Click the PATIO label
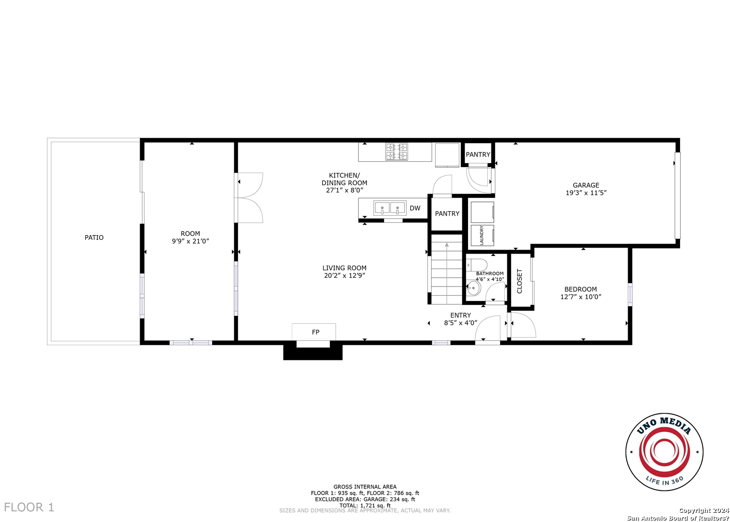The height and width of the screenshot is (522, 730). pyautogui.click(x=94, y=237)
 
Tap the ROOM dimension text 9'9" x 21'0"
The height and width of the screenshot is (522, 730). pyautogui.click(x=190, y=241)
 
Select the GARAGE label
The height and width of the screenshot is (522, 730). pyautogui.click(x=586, y=185)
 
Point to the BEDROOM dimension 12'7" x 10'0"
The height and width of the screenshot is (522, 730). pyautogui.click(x=581, y=297)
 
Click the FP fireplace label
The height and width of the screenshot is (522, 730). pyautogui.click(x=315, y=332)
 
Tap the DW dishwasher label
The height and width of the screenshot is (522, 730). pyautogui.click(x=415, y=208)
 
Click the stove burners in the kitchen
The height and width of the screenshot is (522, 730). pyautogui.click(x=396, y=152)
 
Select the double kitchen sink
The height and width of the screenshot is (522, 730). pyautogui.click(x=389, y=208)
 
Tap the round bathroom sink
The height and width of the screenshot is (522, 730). pyautogui.click(x=473, y=288)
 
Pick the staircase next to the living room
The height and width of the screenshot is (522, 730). pyautogui.click(x=447, y=272)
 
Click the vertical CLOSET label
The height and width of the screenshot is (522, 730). pyautogui.click(x=519, y=281)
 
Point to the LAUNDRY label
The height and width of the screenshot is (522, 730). pyautogui.click(x=482, y=235)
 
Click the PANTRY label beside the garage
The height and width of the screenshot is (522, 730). pyautogui.click(x=478, y=154)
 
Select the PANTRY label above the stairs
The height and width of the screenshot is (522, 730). pyautogui.click(x=447, y=214)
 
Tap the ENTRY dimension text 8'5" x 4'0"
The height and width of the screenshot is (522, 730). pyautogui.click(x=460, y=323)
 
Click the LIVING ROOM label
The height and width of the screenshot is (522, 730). pyautogui.click(x=344, y=268)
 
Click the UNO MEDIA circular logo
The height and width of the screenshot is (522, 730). pyautogui.click(x=664, y=452)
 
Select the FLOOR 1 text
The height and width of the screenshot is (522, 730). pyautogui.click(x=29, y=507)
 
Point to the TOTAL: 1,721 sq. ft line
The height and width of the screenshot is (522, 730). pyautogui.click(x=365, y=505)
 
